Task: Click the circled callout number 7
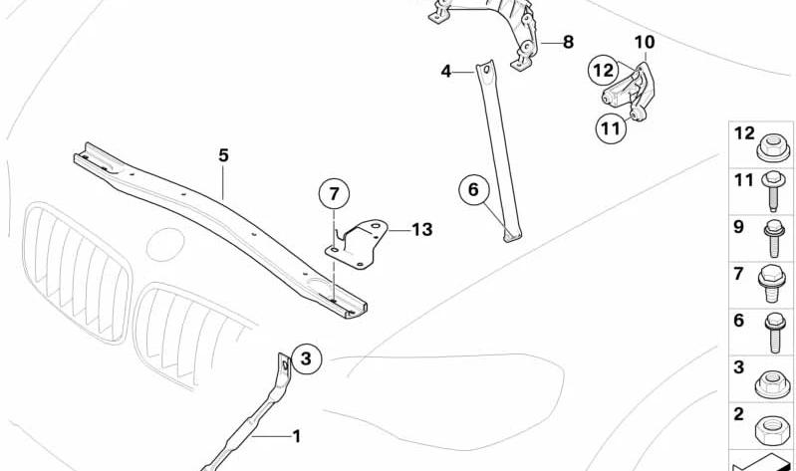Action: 334,194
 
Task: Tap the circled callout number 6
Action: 473,190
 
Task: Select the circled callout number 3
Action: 306,358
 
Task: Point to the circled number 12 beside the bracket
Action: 603,70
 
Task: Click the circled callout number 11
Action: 611,128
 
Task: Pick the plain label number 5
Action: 224,155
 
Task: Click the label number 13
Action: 421,229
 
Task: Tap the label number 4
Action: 445,72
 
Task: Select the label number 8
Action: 568,42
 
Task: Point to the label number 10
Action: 645,42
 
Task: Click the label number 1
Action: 297,436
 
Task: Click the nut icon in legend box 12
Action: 773,146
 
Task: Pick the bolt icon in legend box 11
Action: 773,191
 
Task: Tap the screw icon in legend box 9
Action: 774,238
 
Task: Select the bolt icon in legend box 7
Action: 772,283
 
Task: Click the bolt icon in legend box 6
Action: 775,332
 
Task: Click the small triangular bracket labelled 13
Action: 357,245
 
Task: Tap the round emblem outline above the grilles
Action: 165,245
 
